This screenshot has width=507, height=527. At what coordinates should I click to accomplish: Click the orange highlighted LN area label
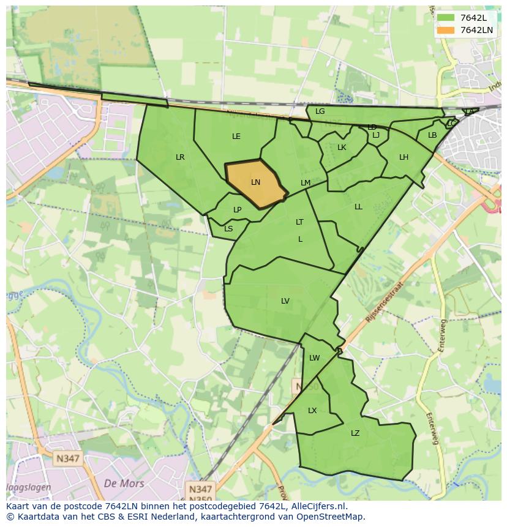255,182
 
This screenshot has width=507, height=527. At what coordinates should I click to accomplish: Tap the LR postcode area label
180,157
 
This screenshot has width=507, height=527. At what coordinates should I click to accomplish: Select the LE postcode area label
236,136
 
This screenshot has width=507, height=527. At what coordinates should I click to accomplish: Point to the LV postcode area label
285,301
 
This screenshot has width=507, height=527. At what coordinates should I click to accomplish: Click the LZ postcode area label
355,433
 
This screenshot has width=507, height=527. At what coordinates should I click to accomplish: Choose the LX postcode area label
312,411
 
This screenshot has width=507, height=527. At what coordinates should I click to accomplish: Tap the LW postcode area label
314,358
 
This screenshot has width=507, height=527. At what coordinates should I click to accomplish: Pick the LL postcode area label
358,207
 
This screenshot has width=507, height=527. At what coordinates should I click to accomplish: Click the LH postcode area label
404,157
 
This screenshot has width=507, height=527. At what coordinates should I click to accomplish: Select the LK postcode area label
342,148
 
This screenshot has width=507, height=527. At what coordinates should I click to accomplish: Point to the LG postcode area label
320,111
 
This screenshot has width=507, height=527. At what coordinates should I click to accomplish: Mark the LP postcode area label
238,210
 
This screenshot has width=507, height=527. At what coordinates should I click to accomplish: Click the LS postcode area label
228,229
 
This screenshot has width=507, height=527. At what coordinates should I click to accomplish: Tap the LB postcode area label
432,135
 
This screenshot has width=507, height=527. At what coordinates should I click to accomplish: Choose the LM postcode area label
306,183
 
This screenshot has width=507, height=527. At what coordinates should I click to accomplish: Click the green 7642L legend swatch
446,18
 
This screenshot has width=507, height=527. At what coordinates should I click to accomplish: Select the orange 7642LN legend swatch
446,30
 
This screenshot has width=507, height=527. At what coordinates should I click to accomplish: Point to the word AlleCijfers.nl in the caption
317,507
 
